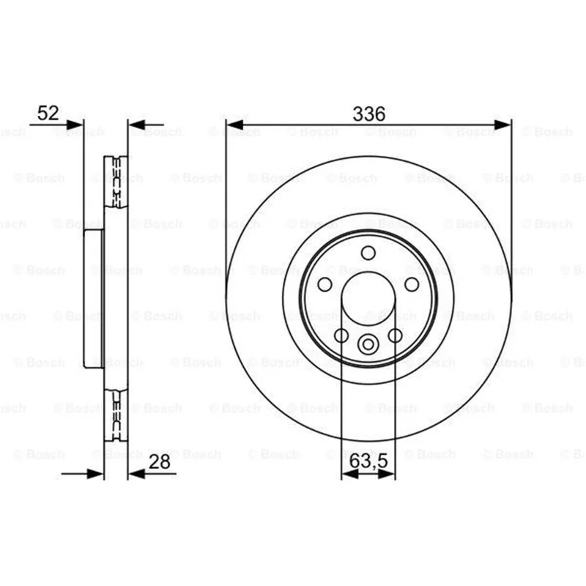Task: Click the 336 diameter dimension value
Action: [368, 114]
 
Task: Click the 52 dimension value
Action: [48, 113]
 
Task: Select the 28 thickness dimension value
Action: [160, 461]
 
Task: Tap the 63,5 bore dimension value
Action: [368, 461]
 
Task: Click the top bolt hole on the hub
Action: [368, 253]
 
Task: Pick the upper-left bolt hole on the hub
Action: [324, 284]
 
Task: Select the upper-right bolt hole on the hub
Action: [412, 284]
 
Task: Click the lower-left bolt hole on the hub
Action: [341, 335]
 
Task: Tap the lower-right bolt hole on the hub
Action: [395, 335]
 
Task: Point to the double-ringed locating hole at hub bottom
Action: [368, 344]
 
